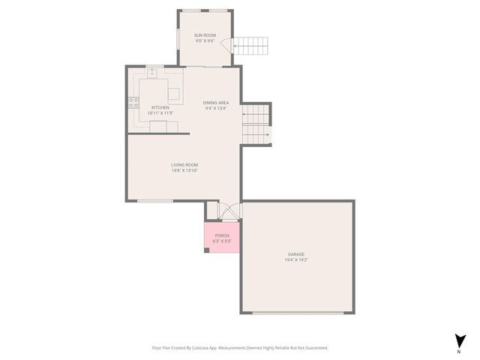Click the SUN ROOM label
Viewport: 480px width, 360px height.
coord(205,35)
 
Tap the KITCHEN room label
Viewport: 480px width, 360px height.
coord(160,107)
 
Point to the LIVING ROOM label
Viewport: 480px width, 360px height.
coord(184,165)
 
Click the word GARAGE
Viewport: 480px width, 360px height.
coord(296,254)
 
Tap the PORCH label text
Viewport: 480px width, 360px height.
coord(222,235)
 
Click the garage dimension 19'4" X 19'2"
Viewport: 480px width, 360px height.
coord(296,260)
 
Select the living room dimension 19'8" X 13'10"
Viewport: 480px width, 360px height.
coord(184,171)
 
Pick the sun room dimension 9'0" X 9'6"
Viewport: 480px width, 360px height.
coord(205,41)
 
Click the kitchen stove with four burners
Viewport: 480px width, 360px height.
coord(133,103)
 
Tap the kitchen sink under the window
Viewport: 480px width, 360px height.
coord(153,73)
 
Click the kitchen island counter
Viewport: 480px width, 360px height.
coord(174,94)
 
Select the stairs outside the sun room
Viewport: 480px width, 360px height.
coord(251,46)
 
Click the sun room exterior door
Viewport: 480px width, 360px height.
coord(233,46)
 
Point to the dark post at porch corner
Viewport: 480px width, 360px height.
coord(207,250)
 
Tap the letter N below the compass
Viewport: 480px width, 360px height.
coord(458,351)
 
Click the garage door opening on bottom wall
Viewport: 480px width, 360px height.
coord(297,313)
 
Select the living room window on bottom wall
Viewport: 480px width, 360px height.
coord(154,201)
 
